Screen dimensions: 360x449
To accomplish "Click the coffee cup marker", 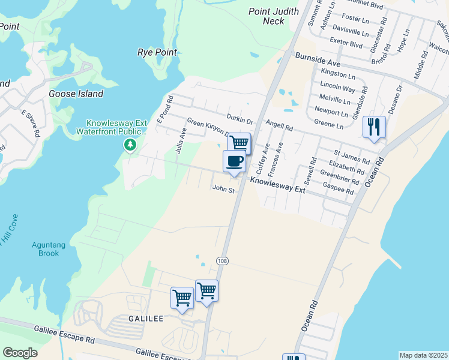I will tap(234, 161).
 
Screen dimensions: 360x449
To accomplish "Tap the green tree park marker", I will tap(130, 145).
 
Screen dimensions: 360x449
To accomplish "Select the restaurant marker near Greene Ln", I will tap(374, 127).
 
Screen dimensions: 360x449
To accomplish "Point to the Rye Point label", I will tap(157, 52).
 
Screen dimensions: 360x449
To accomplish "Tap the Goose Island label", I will tap(76, 94).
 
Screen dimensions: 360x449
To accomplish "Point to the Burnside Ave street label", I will tap(318, 60).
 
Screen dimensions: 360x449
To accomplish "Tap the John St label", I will tap(221, 188).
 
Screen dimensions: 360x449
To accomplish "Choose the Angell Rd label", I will tap(280, 127).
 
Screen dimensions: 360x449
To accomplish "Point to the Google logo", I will tap(20, 353).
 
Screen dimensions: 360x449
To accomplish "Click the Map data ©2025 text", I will tap(423, 355).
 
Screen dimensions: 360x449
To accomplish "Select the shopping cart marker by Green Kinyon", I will tap(240, 143).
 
